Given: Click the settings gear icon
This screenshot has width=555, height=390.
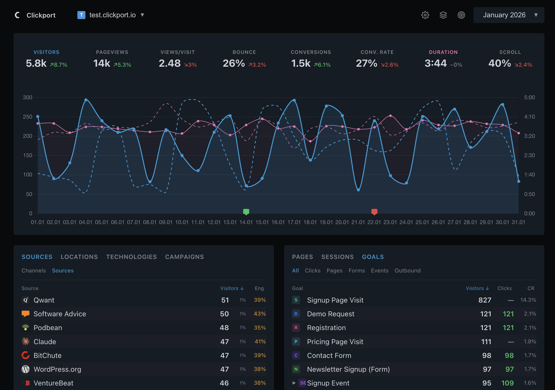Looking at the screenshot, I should click(425, 15).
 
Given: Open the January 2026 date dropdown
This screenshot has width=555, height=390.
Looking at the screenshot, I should click(508, 15).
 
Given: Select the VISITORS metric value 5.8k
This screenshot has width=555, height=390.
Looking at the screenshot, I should click(36, 63).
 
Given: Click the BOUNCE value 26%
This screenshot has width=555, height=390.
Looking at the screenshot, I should click(234, 63).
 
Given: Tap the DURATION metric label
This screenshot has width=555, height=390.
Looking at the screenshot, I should click(443, 52).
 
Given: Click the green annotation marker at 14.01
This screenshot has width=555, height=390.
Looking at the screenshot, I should click(246, 212).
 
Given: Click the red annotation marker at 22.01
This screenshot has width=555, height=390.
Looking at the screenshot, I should click(374, 212).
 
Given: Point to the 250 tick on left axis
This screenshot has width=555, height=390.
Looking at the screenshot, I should click(28, 117).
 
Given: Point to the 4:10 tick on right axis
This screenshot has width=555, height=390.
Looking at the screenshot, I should click(529, 117).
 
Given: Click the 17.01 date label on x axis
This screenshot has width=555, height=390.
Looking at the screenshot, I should click(294, 222).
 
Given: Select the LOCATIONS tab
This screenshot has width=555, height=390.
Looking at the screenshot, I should click(79, 257).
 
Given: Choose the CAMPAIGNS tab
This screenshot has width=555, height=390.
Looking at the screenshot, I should click(184, 257).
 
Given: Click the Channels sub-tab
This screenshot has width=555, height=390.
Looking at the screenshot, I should click(34, 271).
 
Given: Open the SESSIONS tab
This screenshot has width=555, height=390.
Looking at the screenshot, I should click(337, 257).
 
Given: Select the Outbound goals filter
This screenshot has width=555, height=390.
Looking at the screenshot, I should click(407, 271).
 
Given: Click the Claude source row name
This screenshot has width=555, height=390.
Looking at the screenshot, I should click(45, 342).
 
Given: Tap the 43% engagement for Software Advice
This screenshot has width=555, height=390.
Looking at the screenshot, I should click(260, 314).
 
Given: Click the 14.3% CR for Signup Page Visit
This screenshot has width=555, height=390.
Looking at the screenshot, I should click(528, 300).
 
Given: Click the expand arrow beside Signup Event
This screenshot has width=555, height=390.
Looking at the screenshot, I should click(294, 383).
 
